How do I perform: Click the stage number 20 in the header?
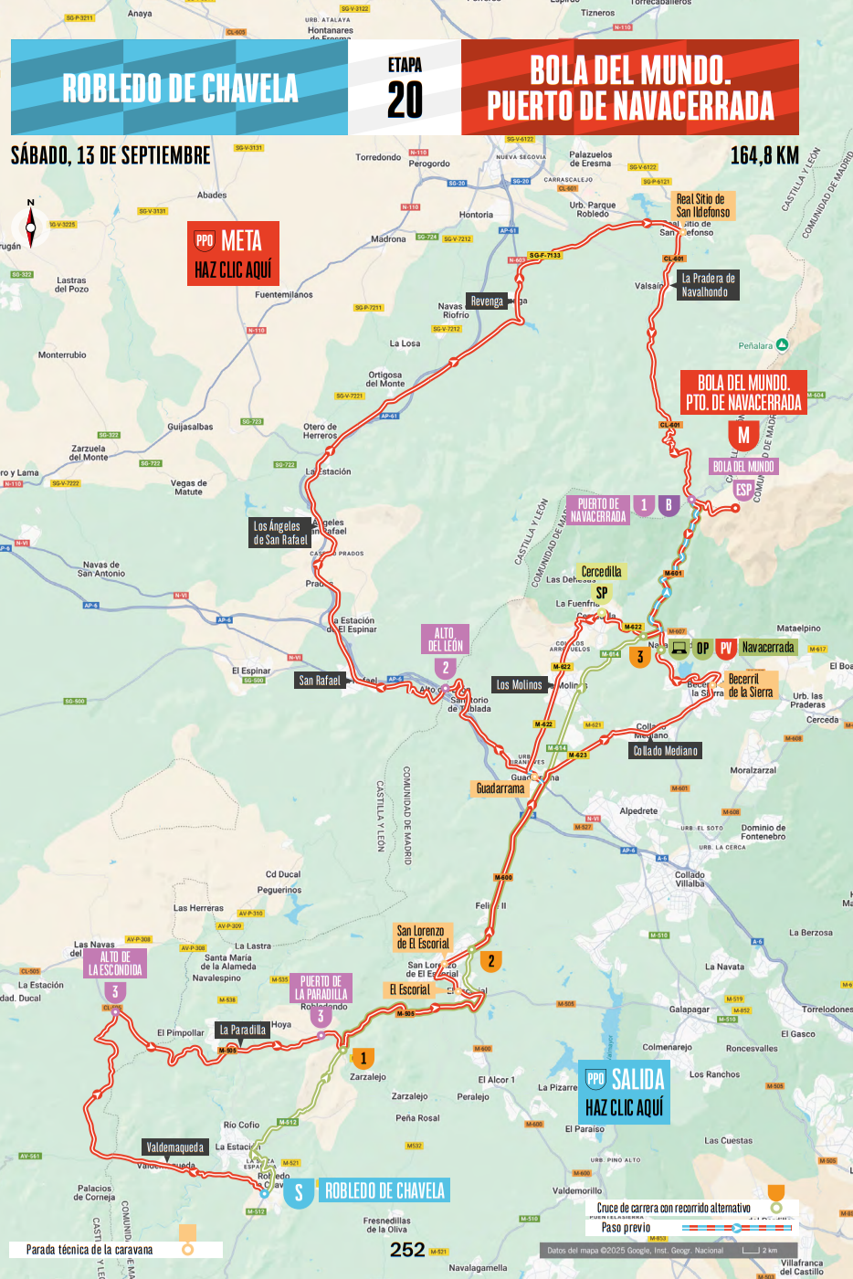tap(405, 99)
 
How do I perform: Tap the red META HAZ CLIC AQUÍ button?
tap(233, 254)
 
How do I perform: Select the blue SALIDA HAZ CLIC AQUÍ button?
tap(625, 1093)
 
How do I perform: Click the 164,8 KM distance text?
tap(764, 156)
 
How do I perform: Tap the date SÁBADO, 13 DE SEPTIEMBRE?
tap(111, 155)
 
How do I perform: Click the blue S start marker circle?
tap(298, 1192)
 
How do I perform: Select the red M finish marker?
tap(743, 435)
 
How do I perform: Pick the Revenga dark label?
tap(487, 301)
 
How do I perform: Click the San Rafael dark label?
tap(320, 681)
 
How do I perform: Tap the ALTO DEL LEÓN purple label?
tap(444, 639)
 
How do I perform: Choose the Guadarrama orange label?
tap(500, 788)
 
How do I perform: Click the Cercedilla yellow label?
tap(601, 572)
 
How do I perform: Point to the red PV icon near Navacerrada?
tap(726, 648)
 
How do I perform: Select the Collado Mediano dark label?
tap(666, 751)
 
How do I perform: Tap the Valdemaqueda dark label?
tap(175, 1147)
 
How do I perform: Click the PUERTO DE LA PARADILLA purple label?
tap(321, 988)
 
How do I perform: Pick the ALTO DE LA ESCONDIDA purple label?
tap(115, 964)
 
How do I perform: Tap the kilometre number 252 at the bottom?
tap(407, 1250)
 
